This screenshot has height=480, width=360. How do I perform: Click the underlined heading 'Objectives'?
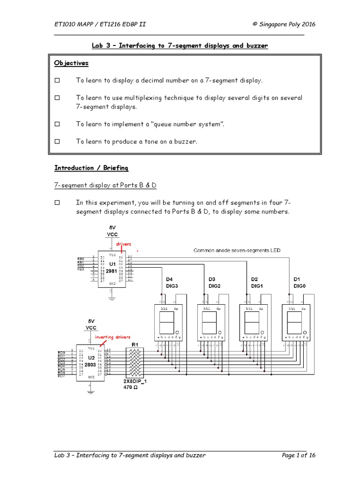[71, 63]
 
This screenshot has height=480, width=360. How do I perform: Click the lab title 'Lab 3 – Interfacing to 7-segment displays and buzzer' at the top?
[180, 45]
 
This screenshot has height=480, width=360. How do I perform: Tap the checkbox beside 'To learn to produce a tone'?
[58, 141]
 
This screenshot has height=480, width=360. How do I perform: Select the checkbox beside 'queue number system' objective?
[58, 124]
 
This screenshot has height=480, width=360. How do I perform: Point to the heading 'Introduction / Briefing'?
[91, 168]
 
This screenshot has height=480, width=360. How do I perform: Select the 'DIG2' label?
[215, 285]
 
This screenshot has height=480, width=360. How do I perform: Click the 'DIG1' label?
[257, 285]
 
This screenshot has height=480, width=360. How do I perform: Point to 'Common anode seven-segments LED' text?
[237, 251]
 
